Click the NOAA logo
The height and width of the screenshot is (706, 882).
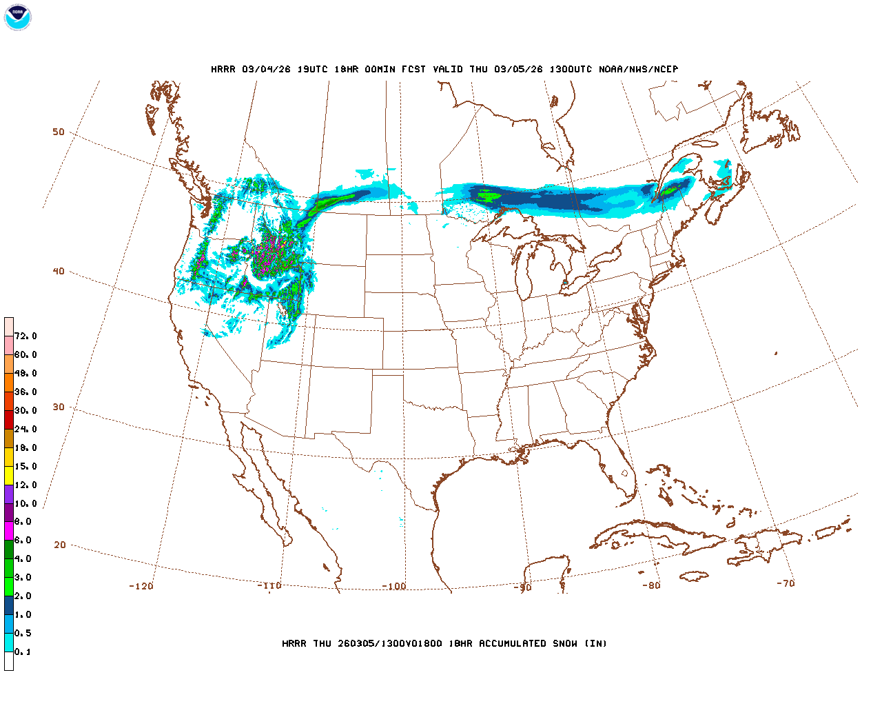point(17,17)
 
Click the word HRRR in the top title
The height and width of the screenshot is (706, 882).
point(223,69)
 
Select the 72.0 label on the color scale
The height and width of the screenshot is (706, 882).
point(25,336)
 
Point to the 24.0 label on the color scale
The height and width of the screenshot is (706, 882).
point(25,429)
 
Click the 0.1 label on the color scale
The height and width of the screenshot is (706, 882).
point(23,652)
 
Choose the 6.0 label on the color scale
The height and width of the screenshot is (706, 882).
point(23,540)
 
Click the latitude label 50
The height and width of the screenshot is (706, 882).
point(59,132)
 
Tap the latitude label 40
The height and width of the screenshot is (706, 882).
point(59,271)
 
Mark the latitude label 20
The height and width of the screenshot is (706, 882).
point(60,545)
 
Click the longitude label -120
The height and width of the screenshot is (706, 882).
point(141,586)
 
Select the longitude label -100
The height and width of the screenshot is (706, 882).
point(394,586)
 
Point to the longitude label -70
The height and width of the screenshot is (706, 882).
point(785,583)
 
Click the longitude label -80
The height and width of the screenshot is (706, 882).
point(651,585)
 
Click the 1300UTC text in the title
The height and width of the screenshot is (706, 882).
point(571,69)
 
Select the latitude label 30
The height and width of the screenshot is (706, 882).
point(59,407)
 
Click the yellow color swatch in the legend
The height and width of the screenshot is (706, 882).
point(9,476)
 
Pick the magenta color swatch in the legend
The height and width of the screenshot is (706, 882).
point(9,531)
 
